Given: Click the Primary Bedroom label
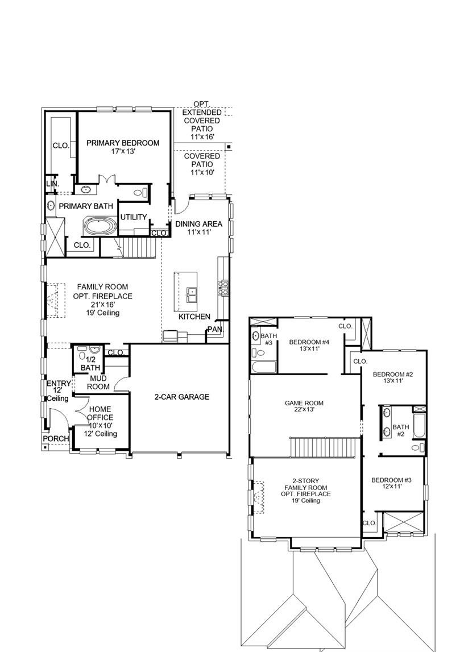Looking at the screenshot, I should click(123, 143).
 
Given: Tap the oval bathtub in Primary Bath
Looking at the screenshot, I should click(100, 226).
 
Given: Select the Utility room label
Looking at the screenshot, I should click(134, 217).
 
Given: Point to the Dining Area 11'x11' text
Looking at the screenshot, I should click(198, 228).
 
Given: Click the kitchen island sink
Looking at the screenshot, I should click(192, 295).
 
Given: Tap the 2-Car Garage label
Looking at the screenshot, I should click(182, 397).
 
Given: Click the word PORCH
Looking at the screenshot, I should click(57, 439).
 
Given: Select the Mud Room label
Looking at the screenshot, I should click(98, 382).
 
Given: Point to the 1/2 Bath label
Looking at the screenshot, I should click(90, 364).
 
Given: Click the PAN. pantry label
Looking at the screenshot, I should click(214, 329).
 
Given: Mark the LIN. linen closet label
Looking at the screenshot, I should click(52, 184).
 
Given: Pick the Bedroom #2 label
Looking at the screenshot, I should click(392, 377).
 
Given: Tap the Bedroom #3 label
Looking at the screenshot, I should click(391, 484).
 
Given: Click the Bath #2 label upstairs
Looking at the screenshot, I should click(401, 430).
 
